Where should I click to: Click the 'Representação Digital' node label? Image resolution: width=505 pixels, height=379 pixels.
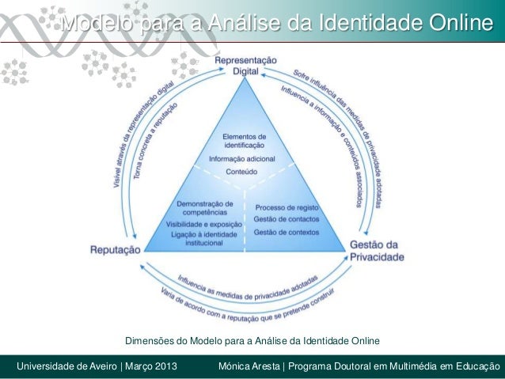(x=246, y=65)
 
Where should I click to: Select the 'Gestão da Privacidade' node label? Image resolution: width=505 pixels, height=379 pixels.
(x=377, y=250)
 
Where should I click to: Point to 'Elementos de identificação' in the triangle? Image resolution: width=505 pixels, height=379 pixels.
(x=244, y=141)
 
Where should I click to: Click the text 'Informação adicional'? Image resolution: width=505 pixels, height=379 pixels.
(x=244, y=158)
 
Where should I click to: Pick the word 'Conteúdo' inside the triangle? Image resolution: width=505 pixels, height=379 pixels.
(x=244, y=171)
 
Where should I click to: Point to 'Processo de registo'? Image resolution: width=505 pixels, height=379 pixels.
(x=287, y=207)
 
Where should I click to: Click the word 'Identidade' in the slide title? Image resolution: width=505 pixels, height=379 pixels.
(x=373, y=26)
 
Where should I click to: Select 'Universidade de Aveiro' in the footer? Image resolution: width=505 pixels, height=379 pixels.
(x=66, y=366)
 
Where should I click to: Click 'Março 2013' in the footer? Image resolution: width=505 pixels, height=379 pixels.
(x=149, y=366)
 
